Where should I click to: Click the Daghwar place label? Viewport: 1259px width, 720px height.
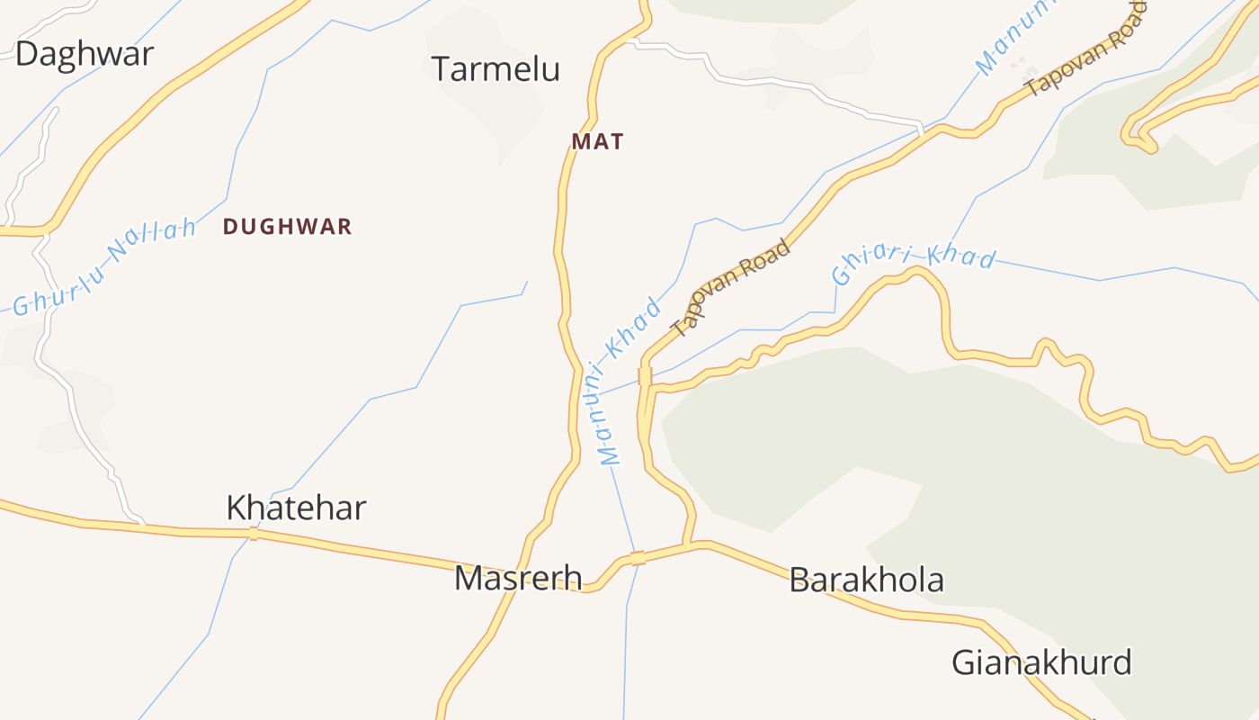click(x=85, y=53)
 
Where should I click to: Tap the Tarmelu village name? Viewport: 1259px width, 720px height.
click(x=496, y=69)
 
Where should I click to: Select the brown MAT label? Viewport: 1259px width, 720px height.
click(x=597, y=141)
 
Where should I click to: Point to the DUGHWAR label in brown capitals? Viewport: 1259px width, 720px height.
click(x=287, y=227)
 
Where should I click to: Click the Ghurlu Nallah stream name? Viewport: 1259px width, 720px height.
click(x=104, y=265)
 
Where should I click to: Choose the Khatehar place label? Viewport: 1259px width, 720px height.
click(x=296, y=508)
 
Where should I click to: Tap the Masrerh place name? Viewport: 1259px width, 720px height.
click(x=518, y=578)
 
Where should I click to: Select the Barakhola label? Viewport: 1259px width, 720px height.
click(x=866, y=580)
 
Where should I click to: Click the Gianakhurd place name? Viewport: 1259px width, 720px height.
click(x=1041, y=663)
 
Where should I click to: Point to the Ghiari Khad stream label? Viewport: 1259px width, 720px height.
click(x=914, y=260)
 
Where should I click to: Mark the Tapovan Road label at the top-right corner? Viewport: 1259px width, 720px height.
click(x=1086, y=49)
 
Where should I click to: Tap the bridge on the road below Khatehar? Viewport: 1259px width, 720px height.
click(x=253, y=534)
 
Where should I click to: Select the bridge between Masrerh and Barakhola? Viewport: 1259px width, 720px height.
click(x=638, y=558)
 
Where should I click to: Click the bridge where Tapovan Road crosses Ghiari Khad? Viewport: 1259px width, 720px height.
click(x=645, y=376)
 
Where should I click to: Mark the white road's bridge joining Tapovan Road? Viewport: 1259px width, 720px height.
click(x=920, y=128)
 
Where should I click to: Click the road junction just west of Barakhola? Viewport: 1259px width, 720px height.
click(x=689, y=544)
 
